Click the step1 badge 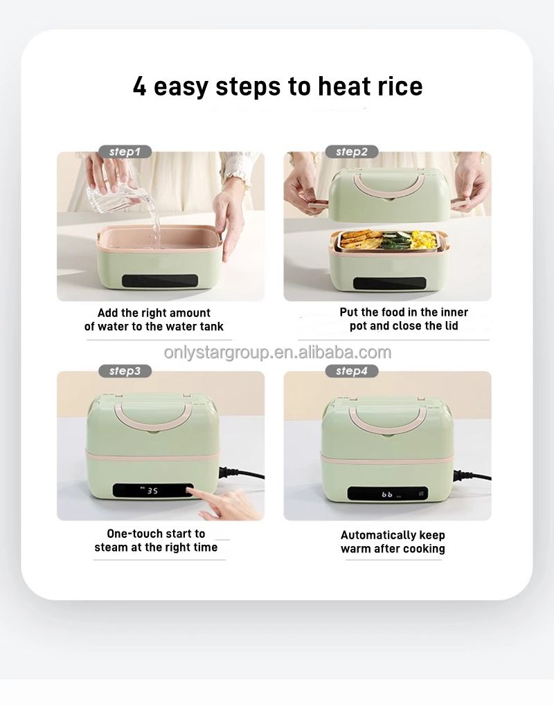click(125, 152)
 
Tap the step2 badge click(352, 152)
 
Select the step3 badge click(125, 371)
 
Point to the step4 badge click(352, 371)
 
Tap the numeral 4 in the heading click(140, 87)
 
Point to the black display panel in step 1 click(160, 281)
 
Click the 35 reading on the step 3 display click(152, 490)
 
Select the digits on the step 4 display click(387, 494)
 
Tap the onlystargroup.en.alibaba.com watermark click(278, 352)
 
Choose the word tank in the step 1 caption click(211, 327)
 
